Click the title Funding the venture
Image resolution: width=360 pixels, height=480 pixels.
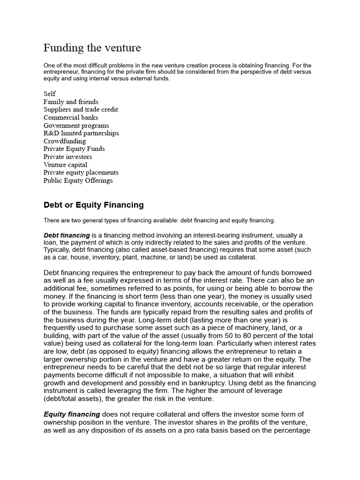(x=92, y=48)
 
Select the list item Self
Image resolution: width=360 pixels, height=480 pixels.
(x=50, y=94)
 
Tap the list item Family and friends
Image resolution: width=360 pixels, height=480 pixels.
(x=71, y=102)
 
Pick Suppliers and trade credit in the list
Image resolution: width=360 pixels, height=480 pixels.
(x=81, y=110)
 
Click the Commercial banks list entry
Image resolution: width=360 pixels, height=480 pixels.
(x=71, y=117)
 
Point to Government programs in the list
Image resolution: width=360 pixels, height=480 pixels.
(x=76, y=125)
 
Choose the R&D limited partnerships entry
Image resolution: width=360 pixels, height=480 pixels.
(x=81, y=133)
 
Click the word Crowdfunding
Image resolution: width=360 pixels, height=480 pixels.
(x=65, y=141)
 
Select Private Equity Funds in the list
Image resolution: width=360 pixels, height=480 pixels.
(x=74, y=149)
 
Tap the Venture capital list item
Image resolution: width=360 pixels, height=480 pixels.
(x=65, y=165)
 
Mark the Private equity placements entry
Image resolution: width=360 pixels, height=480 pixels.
(x=81, y=172)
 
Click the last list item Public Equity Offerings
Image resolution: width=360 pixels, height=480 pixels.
(x=78, y=180)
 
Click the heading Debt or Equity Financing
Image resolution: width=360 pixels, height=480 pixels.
(x=93, y=205)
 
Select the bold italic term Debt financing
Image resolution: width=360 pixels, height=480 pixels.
(x=67, y=235)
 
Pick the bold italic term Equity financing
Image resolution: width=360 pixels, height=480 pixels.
(x=72, y=414)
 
